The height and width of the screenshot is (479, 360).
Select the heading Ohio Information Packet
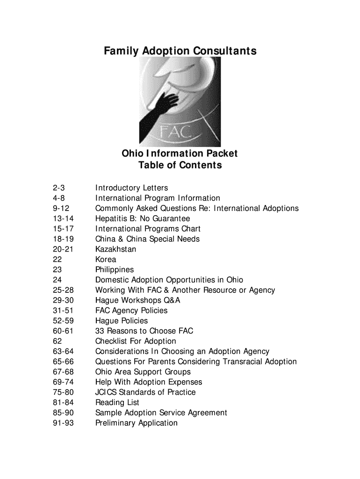[x=180, y=153]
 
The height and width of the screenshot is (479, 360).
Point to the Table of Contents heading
[x=180, y=166]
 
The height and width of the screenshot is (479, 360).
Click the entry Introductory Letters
[x=131, y=188]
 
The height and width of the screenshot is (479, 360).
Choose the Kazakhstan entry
[x=115, y=249]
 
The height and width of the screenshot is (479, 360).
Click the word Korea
[x=106, y=260]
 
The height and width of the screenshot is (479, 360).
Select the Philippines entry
[x=115, y=270]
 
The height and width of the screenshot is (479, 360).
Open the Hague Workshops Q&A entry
[x=137, y=300]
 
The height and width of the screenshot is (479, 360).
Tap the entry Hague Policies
[x=122, y=321]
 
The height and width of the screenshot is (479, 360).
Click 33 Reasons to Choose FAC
[x=144, y=331]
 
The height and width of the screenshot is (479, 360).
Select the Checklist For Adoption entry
[x=136, y=341]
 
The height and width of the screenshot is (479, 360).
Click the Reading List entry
[x=117, y=403]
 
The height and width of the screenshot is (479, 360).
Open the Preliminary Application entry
[x=137, y=423]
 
